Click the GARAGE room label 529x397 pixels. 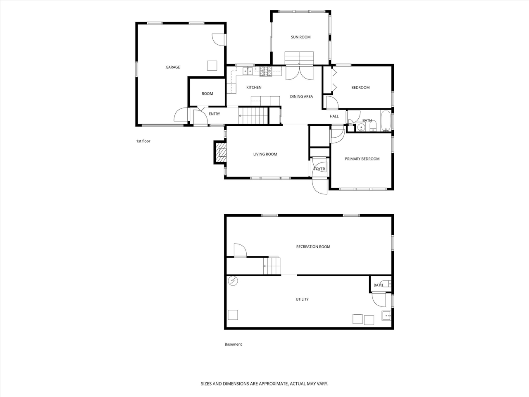coord(173,67)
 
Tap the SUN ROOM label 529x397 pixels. coord(300,37)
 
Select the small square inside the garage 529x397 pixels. coord(212,66)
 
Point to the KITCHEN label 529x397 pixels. coord(254,88)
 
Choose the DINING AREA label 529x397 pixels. coord(301,97)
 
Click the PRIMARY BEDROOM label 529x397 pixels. coord(362,159)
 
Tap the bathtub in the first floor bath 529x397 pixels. coord(386,121)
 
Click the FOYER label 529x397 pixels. coord(319,169)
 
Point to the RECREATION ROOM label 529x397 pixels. coord(313,247)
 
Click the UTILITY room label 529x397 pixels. coord(302,299)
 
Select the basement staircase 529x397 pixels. coord(272,265)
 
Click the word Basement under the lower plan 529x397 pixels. coord(233,344)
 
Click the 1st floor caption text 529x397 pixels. coord(143,141)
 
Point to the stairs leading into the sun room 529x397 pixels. coord(299,58)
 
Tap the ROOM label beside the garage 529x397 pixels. coord(207,94)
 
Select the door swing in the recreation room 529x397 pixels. coord(240,250)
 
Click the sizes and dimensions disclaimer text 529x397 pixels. coord(264,384)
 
